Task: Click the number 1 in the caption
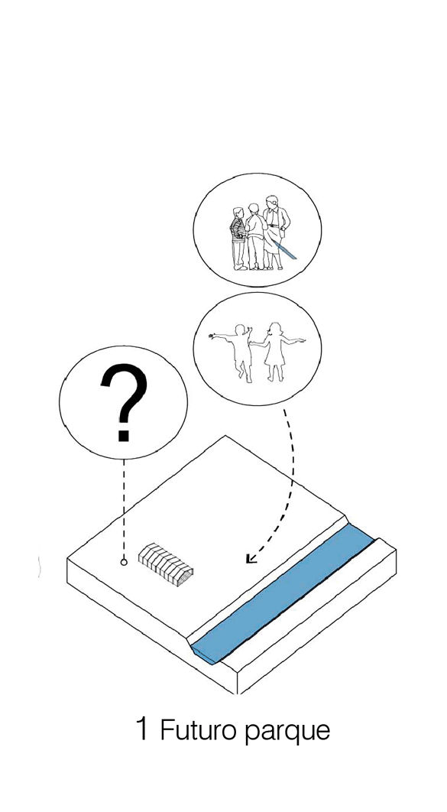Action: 142,729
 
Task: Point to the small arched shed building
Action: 166,564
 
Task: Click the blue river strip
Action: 282,596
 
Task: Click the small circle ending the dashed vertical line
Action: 124,562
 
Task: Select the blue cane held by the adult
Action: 285,249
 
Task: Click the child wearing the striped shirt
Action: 238,239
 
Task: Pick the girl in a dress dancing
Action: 275,352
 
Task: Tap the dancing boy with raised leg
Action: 238,352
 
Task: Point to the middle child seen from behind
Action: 255,237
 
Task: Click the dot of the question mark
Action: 123,435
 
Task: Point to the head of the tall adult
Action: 271,201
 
